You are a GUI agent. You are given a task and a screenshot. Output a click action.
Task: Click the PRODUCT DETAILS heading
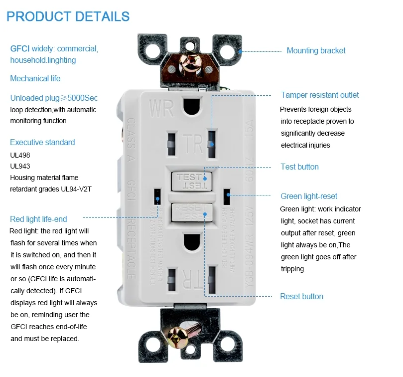tap(68, 16)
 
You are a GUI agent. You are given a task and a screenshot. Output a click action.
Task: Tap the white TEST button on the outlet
tap(190, 181)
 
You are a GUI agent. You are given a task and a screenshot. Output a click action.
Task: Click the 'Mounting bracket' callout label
tap(316, 51)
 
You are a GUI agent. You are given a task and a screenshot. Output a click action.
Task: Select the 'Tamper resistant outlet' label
tap(319, 95)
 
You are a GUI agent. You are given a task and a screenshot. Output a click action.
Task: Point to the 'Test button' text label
tap(299, 167)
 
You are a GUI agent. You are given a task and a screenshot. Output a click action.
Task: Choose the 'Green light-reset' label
tap(309, 196)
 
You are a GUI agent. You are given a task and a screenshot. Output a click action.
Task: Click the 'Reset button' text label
tap(301, 297)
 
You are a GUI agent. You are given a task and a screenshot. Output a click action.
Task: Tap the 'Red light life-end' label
tap(38, 219)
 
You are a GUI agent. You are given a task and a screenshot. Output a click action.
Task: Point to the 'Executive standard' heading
tap(42, 143)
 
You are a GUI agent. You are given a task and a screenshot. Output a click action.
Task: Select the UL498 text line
tap(20, 155)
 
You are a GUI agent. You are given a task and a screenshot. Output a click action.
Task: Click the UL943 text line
tap(20, 166)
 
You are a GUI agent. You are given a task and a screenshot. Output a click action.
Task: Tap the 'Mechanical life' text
tap(35, 79)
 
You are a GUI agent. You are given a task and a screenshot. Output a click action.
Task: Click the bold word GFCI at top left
tap(20, 49)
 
